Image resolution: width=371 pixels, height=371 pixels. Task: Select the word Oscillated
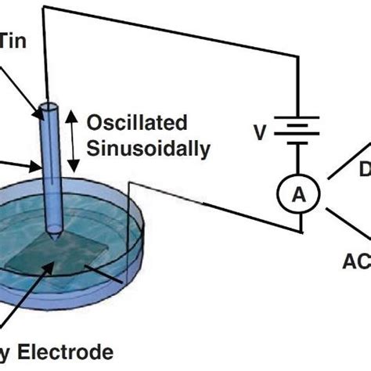click(x=138, y=123)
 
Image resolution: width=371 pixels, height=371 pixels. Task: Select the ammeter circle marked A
click(x=299, y=196)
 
